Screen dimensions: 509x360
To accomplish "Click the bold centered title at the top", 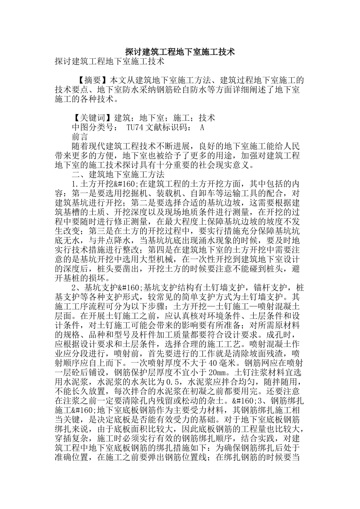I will (180, 52).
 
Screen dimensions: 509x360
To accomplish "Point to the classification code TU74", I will (134, 127).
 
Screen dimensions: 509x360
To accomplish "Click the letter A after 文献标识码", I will (202, 127).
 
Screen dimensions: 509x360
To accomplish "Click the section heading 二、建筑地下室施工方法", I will (118, 174).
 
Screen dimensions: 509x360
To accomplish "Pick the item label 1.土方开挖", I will (93, 184).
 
